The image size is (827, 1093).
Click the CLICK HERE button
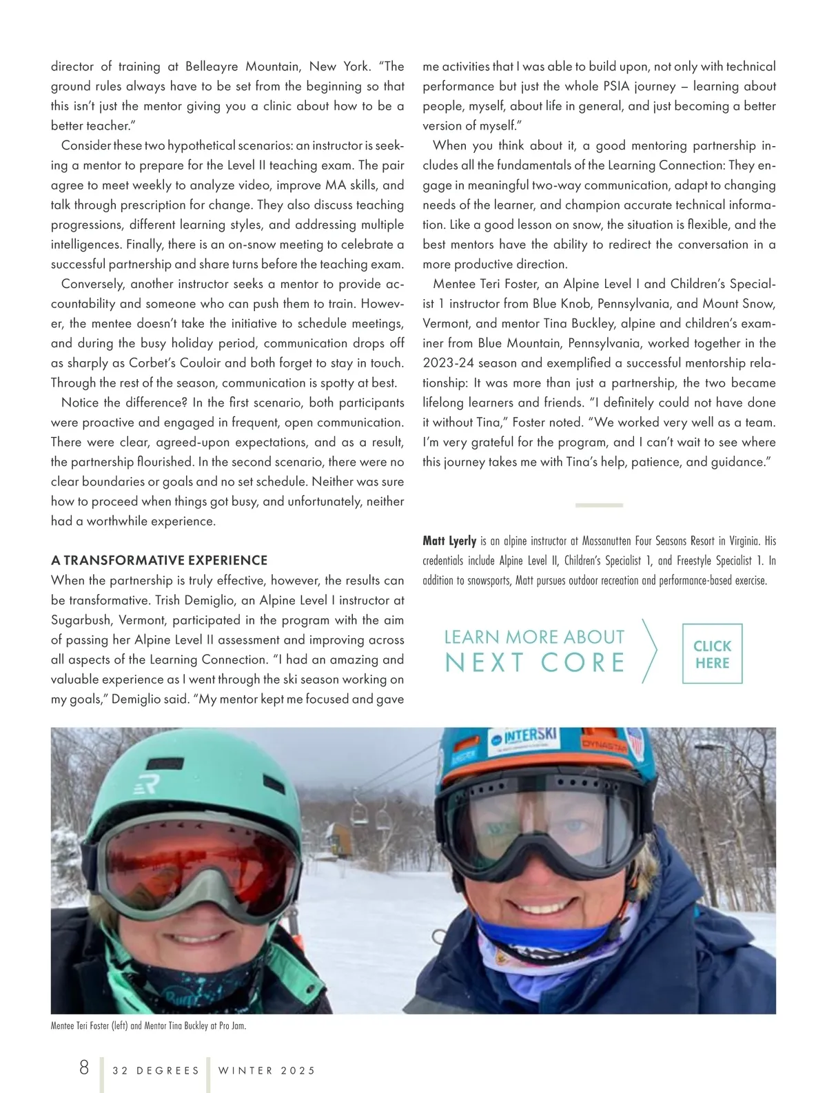[x=712, y=653]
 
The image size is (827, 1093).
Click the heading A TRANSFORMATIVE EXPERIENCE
[x=159, y=560]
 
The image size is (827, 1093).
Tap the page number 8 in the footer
[x=84, y=1068]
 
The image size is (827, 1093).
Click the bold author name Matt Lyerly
[x=449, y=541]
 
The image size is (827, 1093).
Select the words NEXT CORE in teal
[x=535, y=663]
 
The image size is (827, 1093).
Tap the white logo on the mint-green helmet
[x=147, y=784]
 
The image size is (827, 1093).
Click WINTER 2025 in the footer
[x=267, y=1070]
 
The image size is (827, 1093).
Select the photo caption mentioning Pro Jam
[x=148, y=1025]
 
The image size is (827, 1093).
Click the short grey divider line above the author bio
[x=599, y=505]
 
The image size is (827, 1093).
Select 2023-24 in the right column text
[x=451, y=363]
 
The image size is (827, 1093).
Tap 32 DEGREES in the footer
[x=156, y=1070]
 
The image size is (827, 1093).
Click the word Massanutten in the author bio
[x=612, y=541]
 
